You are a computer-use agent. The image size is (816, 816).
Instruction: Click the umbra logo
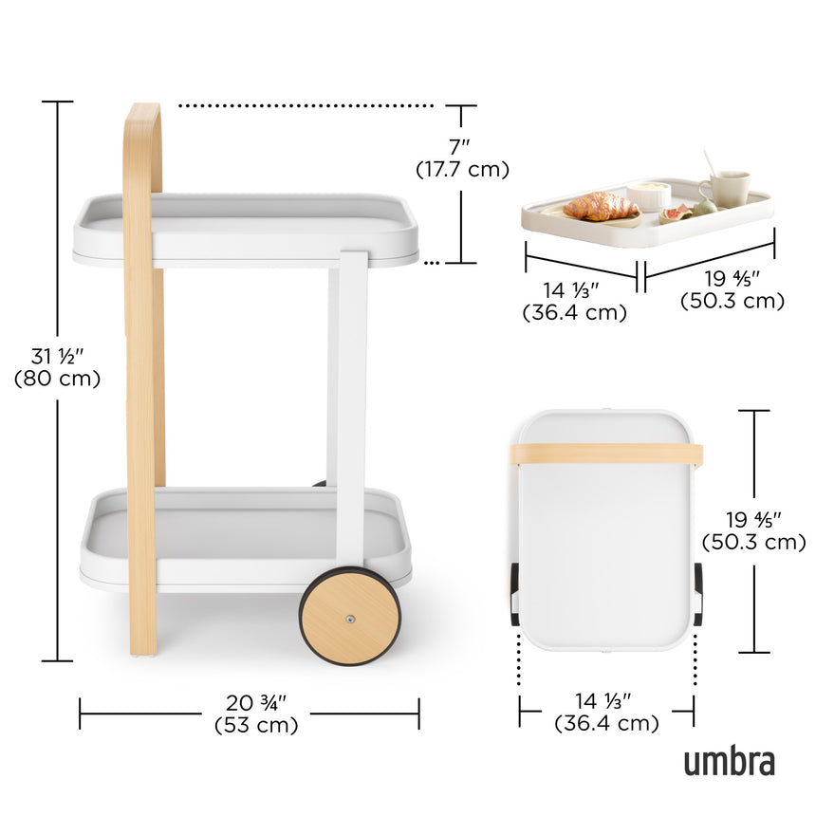pyautogui.click(x=729, y=761)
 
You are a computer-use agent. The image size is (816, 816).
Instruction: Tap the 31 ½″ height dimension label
pyautogui.click(x=57, y=357)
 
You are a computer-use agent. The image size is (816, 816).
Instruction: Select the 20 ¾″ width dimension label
pyautogui.click(x=256, y=703)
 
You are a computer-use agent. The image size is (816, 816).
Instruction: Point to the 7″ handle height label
pyautogui.click(x=461, y=148)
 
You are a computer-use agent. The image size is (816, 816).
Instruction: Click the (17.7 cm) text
pyautogui.click(x=462, y=169)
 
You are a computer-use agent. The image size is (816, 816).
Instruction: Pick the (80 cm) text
pyautogui.click(x=57, y=378)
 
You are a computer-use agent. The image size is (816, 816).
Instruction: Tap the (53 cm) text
pyautogui.click(x=256, y=725)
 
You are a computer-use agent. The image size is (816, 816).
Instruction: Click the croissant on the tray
pyautogui.click(x=600, y=206)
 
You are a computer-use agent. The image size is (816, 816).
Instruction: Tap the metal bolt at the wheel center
pyautogui.click(x=350, y=619)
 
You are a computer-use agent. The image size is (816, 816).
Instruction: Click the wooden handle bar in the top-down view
pyautogui.click(x=607, y=454)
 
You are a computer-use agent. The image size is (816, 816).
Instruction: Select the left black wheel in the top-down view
pyautogui.click(x=514, y=593)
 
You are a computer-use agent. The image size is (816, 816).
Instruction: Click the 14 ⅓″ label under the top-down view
pyautogui.click(x=605, y=701)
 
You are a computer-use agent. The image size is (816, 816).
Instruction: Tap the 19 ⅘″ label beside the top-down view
pyautogui.click(x=753, y=520)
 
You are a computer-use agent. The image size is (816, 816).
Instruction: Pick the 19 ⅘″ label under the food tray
pyautogui.click(x=732, y=281)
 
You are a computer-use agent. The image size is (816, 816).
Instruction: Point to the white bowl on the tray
pyautogui.click(x=649, y=194)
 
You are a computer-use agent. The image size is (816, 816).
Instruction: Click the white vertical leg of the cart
pyautogui.click(x=350, y=399)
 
